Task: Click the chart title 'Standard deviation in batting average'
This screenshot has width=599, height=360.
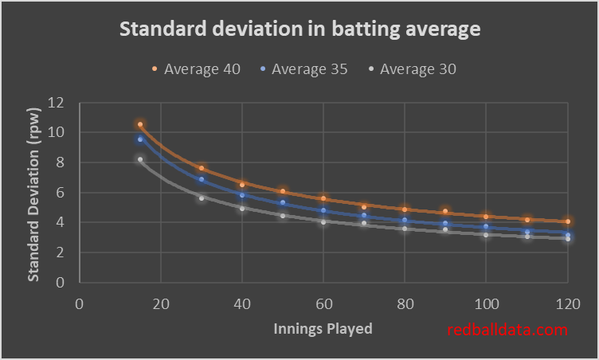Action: point(299,30)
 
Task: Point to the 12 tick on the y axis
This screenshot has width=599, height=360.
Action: point(56,103)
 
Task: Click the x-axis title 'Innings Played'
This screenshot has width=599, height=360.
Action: point(323,327)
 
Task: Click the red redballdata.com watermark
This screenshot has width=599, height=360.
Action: point(507,330)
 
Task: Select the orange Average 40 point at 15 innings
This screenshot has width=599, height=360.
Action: point(140,124)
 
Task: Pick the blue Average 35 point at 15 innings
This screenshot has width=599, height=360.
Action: point(140,139)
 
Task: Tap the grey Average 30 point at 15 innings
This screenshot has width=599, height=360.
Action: point(140,159)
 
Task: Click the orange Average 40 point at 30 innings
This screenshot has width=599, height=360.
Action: point(202,168)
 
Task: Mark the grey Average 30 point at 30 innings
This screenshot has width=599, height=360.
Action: point(202,198)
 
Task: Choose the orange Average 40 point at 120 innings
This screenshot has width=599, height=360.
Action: point(567,221)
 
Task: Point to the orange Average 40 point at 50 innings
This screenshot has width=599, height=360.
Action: point(283,191)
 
